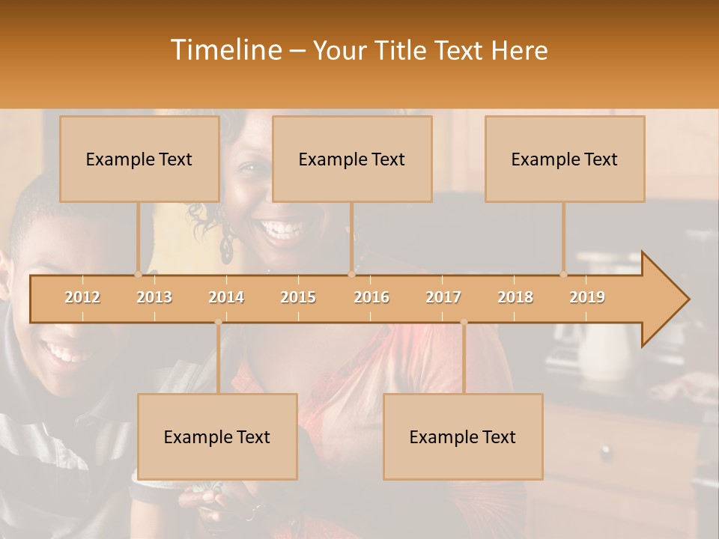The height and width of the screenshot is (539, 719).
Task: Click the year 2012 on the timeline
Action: [82, 297]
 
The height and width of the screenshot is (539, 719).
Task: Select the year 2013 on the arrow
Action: [154, 297]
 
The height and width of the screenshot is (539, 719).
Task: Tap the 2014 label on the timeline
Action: [226, 297]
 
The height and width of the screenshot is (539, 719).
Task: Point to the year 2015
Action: [298, 297]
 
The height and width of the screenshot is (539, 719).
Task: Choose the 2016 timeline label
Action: [371, 297]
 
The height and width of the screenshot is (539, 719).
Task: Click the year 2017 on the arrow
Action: [443, 297]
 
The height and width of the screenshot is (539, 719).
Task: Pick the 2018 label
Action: [515, 297]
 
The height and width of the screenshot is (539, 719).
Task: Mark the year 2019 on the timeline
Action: [587, 297]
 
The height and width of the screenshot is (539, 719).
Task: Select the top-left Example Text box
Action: [139, 159]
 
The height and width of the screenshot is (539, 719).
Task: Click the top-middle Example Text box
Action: [352, 159]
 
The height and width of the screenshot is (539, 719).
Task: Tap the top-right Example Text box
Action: [565, 159]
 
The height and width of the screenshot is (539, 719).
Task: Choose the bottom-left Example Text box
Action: [217, 436]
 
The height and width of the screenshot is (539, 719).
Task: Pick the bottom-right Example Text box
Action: [463, 436]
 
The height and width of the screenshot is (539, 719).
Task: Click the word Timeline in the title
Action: [225, 50]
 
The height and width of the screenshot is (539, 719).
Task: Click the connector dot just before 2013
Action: [138, 275]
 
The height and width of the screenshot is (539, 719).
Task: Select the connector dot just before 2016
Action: [351, 275]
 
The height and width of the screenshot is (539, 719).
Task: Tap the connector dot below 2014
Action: [218, 322]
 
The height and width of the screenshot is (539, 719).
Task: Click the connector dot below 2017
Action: [464, 322]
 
